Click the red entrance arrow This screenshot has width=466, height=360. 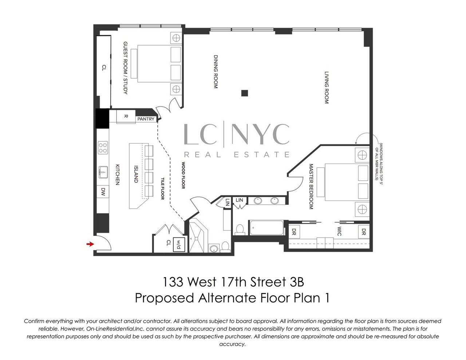[x=88, y=244]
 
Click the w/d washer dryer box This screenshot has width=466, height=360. [x=179, y=243]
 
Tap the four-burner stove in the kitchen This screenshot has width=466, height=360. [x=103, y=148]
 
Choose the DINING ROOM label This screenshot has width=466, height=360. [x=216, y=72]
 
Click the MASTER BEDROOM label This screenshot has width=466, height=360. [x=311, y=187]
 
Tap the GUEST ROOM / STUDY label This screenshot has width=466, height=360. [x=125, y=68]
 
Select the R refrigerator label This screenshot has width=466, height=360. [x=126, y=116]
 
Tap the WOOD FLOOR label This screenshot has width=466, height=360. [x=184, y=176]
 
